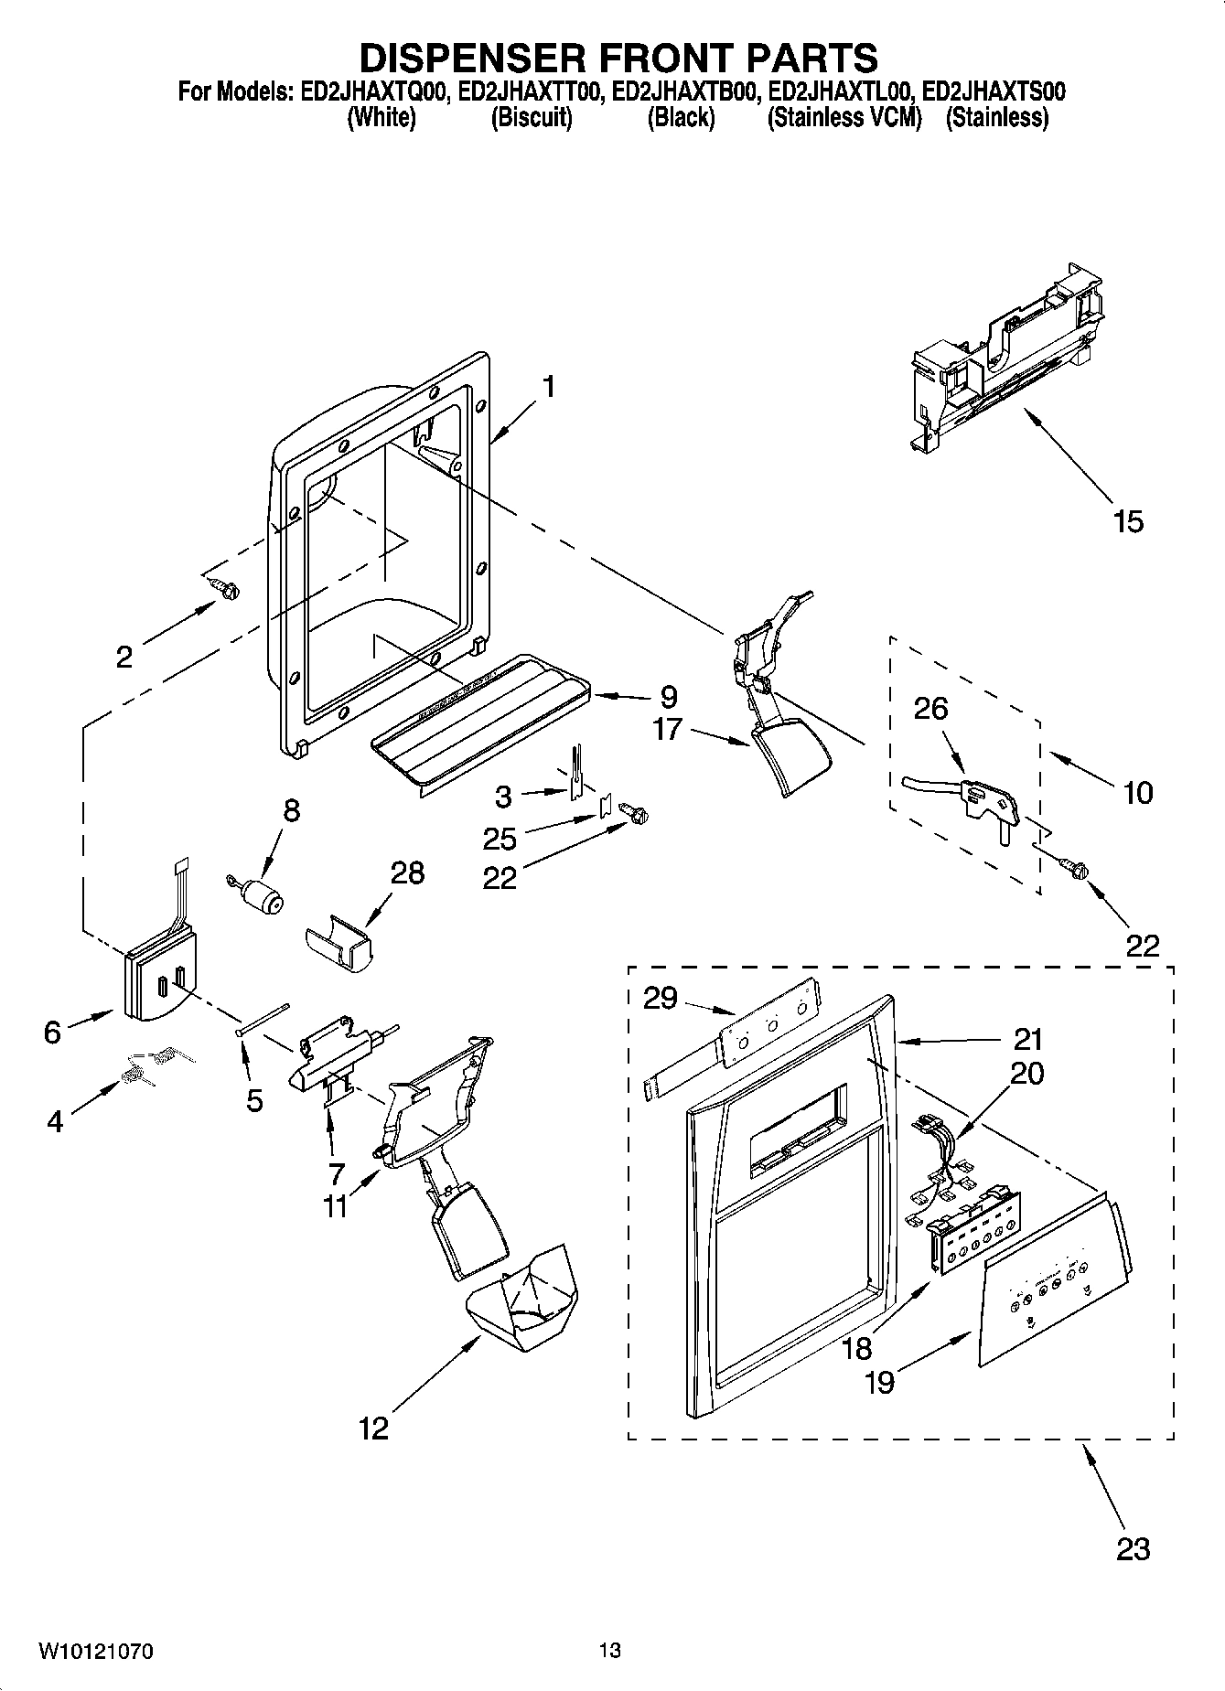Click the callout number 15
click(x=1128, y=522)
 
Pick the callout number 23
click(x=1133, y=1549)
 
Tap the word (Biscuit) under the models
click(x=532, y=118)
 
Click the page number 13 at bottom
click(x=610, y=1651)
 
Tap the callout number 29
click(x=660, y=998)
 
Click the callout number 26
click(x=930, y=710)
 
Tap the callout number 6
click(x=53, y=1033)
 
